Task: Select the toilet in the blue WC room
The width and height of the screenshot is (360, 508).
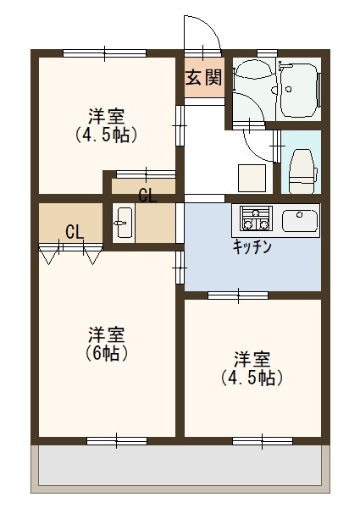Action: tap(301, 165)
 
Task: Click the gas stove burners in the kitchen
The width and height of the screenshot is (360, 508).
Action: tap(254, 219)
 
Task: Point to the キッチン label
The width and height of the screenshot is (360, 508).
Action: tap(252, 247)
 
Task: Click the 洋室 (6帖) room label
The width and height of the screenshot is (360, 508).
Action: tap(107, 343)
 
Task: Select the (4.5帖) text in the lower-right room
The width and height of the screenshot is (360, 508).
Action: tap(252, 378)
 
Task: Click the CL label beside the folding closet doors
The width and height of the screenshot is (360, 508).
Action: tap(74, 231)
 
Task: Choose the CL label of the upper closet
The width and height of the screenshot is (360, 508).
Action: tap(147, 196)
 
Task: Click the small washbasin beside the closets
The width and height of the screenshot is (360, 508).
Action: tap(123, 223)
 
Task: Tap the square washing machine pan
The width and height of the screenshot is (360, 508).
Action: tap(252, 177)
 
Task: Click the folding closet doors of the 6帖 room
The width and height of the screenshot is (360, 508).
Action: tap(71, 251)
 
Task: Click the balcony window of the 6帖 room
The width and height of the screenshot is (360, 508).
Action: tap(116, 439)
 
